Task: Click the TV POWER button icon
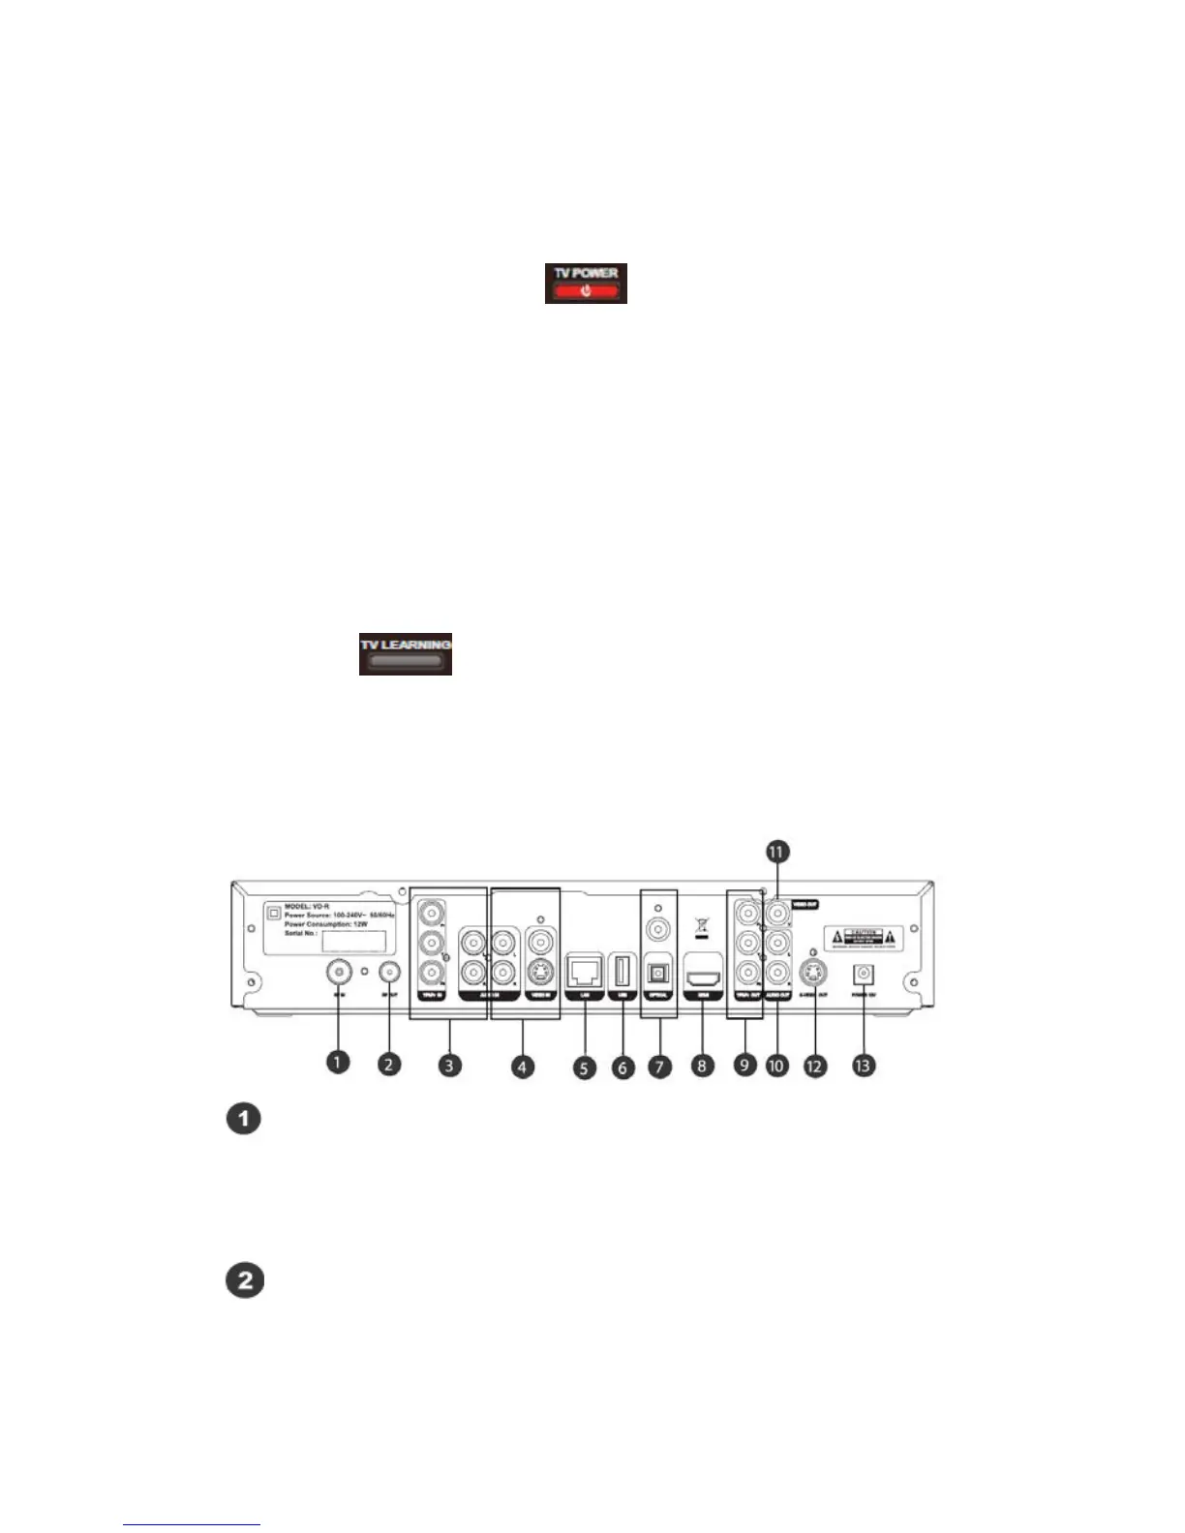click(x=586, y=283)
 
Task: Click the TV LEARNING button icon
click(x=406, y=655)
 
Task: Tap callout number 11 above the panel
click(x=777, y=851)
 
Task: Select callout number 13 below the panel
click(x=862, y=1065)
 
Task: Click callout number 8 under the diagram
click(x=702, y=1066)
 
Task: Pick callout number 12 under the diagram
click(x=815, y=1065)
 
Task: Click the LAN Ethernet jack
click(x=584, y=968)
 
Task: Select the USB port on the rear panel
click(x=623, y=969)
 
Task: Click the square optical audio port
click(x=660, y=970)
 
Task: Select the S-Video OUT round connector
click(x=812, y=972)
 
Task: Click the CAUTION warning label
click(x=863, y=937)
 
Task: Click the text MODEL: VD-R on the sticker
click(x=307, y=906)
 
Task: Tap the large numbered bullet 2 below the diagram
click(x=245, y=1280)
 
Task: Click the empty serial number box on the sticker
click(x=353, y=941)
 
